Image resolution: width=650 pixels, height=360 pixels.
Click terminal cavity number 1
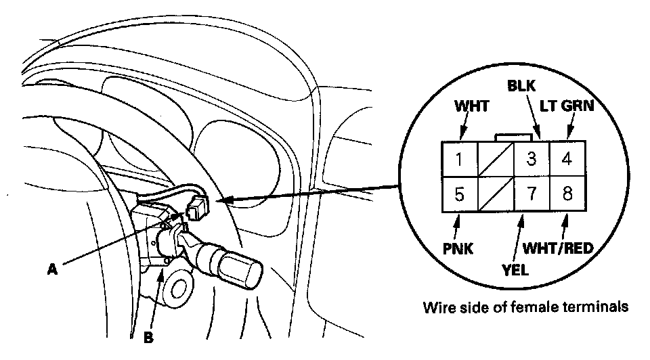(459, 160)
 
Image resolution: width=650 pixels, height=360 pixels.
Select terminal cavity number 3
(532, 160)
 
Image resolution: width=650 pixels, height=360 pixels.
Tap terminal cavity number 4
(568, 160)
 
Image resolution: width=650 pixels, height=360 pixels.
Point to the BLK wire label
(521, 87)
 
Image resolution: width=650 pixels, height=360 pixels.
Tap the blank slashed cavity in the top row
(496, 160)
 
